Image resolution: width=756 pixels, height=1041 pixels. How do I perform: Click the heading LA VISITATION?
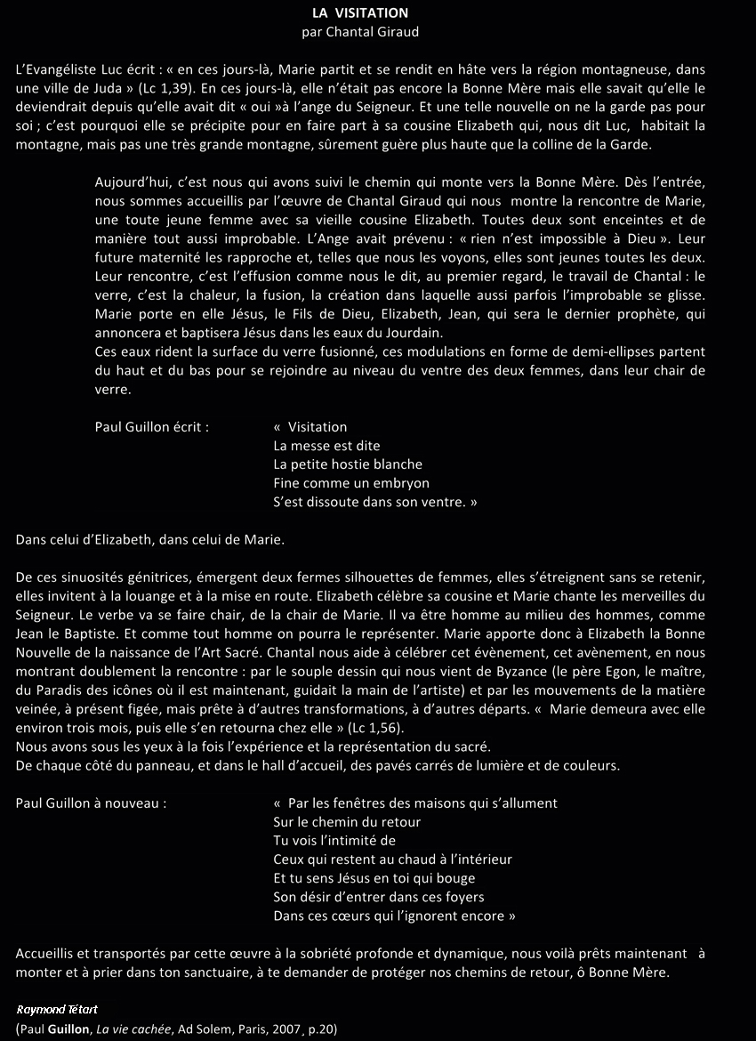click(360, 13)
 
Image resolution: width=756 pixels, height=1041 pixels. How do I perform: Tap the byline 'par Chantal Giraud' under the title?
click(360, 32)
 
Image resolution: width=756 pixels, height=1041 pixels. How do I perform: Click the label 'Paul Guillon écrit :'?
click(152, 427)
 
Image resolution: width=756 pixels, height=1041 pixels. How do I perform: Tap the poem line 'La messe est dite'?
click(326, 446)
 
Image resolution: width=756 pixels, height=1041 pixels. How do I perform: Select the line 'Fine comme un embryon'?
click(351, 483)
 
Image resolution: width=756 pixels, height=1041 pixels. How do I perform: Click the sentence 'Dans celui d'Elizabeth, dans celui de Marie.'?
click(150, 539)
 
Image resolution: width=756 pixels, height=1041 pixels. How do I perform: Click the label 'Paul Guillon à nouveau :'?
click(91, 803)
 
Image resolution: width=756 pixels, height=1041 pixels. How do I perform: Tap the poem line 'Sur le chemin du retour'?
click(347, 822)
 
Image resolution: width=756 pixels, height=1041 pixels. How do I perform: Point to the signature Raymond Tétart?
click(56, 1010)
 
